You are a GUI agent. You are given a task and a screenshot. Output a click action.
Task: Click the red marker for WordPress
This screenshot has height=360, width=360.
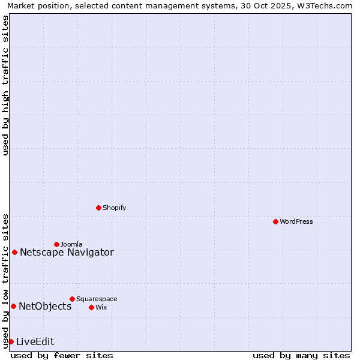pyautogui.click(x=275, y=221)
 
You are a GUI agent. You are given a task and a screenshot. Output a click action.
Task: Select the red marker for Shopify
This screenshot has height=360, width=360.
pyautogui.click(x=98, y=208)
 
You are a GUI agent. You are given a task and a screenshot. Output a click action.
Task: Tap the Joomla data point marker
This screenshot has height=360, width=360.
pyautogui.click(x=56, y=244)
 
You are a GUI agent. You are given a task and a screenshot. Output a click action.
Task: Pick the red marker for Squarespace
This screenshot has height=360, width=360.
pyautogui.click(x=72, y=299)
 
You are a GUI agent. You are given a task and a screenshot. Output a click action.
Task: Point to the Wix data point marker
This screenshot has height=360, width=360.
pyautogui.click(x=91, y=307)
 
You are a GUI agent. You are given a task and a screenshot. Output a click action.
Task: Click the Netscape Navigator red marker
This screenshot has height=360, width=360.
pyautogui.click(x=14, y=252)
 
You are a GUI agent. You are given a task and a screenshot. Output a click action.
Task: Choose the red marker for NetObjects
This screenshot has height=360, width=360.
pyautogui.click(x=13, y=306)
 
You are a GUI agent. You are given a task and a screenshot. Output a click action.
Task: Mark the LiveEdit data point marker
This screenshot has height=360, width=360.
pyautogui.click(x=11, y=341)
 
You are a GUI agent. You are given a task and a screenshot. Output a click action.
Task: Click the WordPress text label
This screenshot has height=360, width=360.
pyautogui.click(x=296, y=221)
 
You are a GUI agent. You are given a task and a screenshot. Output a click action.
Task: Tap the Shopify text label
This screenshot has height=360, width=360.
pyautogui.click(x=114, y=208)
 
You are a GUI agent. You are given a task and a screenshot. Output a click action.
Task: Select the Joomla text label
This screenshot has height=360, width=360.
pyautogui.click(x=71, y=244)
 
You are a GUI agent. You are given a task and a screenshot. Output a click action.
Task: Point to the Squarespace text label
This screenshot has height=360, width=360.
pyautogui.click(x=97, y=299)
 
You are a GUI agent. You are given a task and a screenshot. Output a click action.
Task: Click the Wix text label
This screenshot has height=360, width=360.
pyautogui.click(x=101, y=307)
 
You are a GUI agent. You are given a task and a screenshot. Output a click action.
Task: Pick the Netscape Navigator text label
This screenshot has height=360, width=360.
pyautogui.click(x=67, y=252)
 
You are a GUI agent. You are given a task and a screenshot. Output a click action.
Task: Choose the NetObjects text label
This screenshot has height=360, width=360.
pyautogui.click(x=45, y=306)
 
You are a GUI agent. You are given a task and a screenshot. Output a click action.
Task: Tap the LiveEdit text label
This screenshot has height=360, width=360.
pyautogui.click(x=35, y=341)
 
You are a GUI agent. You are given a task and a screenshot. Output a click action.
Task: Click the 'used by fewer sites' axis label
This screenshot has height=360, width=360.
pyautogui.click(x=62, y=355)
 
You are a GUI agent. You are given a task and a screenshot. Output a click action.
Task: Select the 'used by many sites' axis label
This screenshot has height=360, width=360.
pyautogui.click(x=301, y=355)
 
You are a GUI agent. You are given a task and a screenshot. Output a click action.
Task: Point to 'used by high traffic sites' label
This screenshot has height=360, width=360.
pyautogui.click(x=5, y=85)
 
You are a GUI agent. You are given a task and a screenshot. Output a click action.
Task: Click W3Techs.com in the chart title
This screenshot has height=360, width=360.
pyautogui.click(x=325, y=6)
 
